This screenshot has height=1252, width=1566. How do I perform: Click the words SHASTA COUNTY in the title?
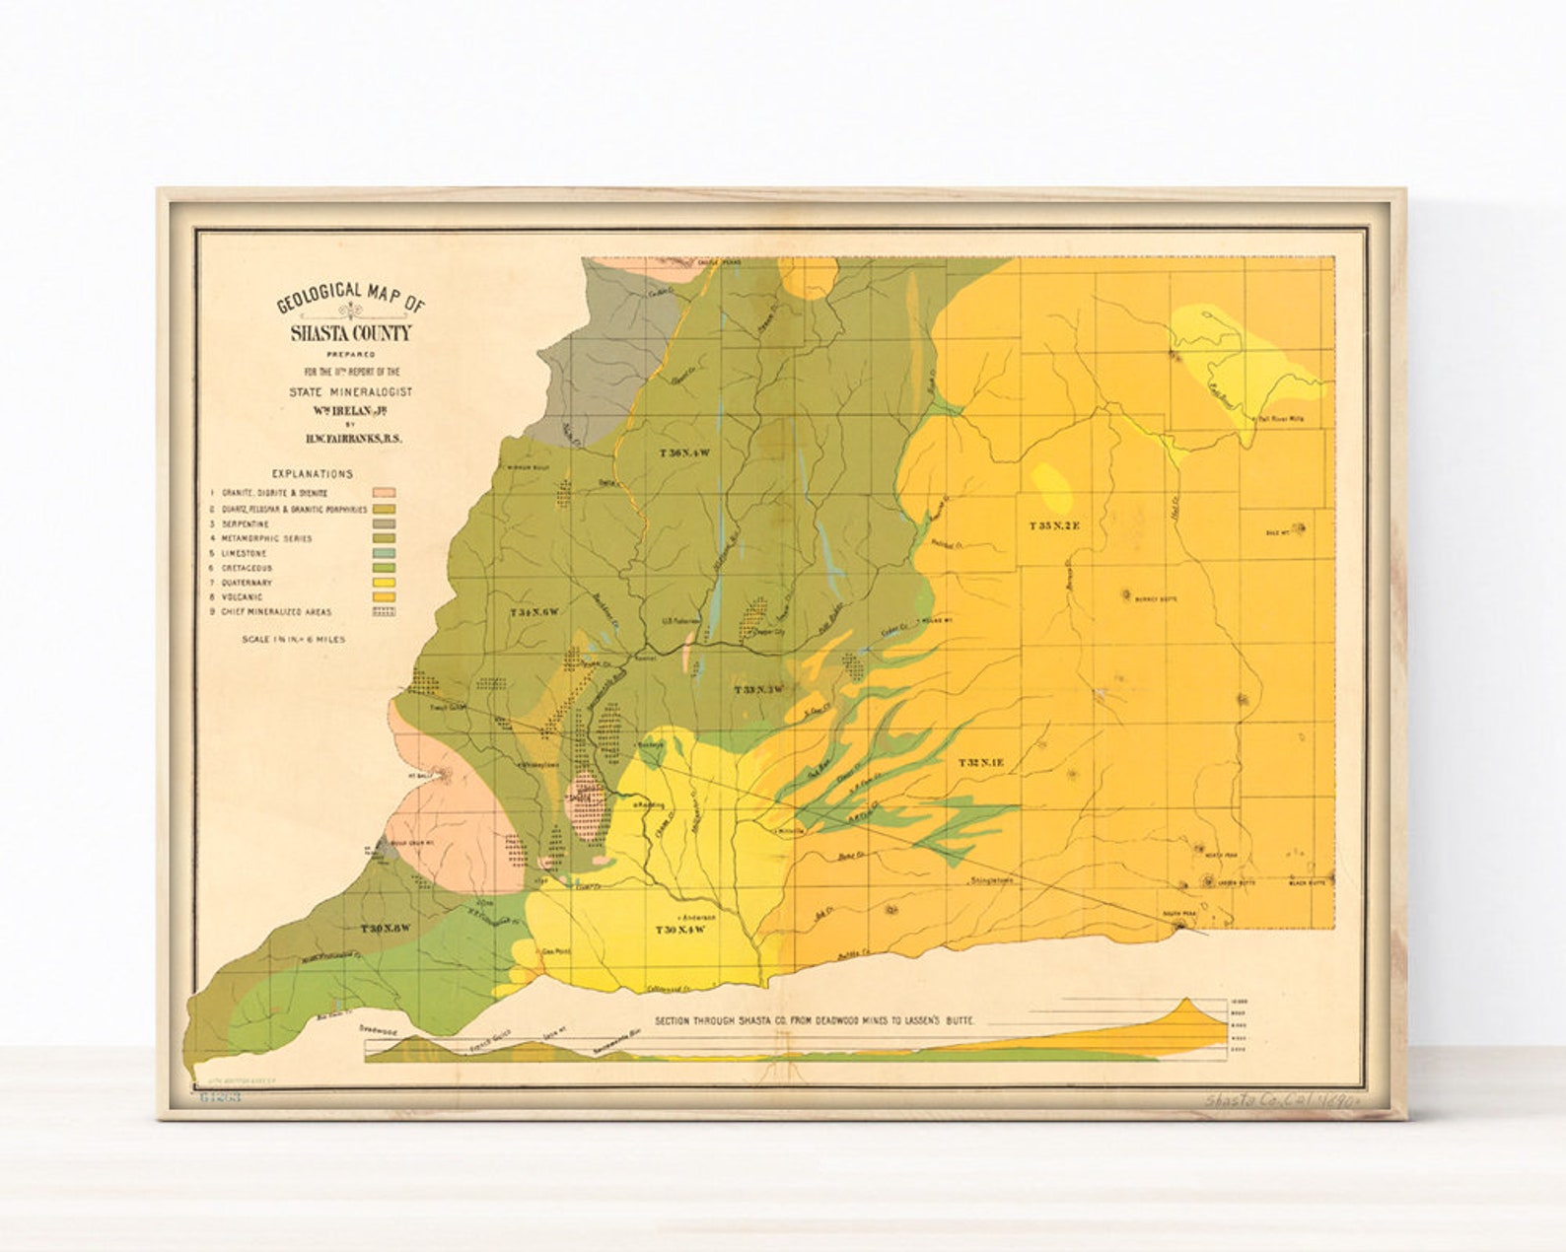click(x=350, y=333)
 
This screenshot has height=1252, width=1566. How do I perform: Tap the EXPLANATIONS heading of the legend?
click(x=312, y=474)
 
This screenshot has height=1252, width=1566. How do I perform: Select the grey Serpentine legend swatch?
click(x=384, y=523)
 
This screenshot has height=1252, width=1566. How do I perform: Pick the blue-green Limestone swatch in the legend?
click(x=384, y=553)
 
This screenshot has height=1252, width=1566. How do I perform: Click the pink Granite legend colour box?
click(x=384, y=492)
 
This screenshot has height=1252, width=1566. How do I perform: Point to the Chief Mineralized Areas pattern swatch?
click(x=384, y=611)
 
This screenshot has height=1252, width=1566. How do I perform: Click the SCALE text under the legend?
click(x=294, y=639)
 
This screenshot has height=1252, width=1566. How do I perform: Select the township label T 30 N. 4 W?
click(x=681, y=930)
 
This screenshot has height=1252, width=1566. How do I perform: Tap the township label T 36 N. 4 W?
click(x=684, y=453)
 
